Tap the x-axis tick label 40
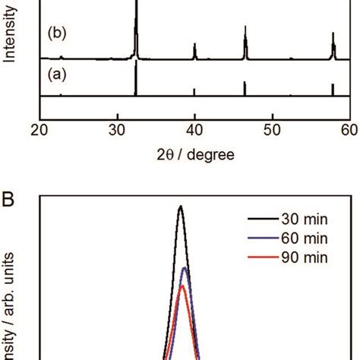coord(195,128)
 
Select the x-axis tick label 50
coord(272,128)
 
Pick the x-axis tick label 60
coord(349,128)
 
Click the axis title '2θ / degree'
coord(194,154)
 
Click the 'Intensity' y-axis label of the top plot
coord(11,34)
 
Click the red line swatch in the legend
coord(261,259)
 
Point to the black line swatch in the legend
coord(261,221)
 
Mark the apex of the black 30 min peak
coord(181,206)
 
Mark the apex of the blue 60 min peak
coord(183,268)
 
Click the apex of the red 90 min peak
coord(182,286)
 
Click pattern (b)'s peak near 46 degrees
coord(245,28)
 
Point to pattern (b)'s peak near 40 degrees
coord(195,45)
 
